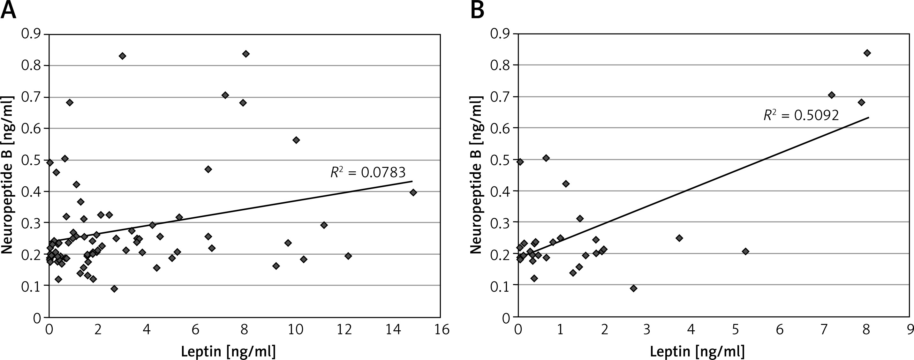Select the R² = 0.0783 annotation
[367, 172]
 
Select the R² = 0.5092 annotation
[801, 115]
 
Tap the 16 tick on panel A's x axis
[441, 330]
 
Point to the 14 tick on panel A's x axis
[392, 330]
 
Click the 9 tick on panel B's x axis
[910, 330]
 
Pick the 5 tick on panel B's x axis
[736, 330]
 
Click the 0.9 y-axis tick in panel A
[31, 34]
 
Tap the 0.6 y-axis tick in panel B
[500, 128]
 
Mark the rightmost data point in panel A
[413, 192]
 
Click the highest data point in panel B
[867, 53]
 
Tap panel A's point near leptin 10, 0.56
[296, 140]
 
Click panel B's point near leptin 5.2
[745, 251]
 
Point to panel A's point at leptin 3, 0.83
[122, 56]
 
